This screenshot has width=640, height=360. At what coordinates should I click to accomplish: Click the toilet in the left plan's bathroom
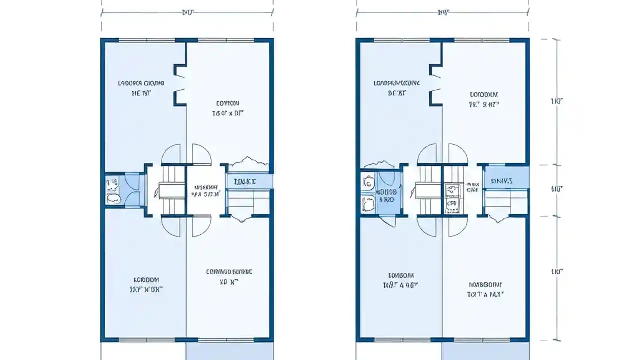tap(114, 198)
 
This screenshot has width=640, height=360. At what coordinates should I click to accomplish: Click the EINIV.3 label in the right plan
tap(501, 181)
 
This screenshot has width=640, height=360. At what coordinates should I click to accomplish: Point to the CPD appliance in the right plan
tap(452, 204)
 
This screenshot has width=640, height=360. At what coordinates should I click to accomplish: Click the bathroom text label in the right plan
tap(387, 195)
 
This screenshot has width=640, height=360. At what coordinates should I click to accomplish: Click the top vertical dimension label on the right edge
tap(557, 101)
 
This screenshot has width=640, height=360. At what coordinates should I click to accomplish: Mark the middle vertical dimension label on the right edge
tap(557, 189)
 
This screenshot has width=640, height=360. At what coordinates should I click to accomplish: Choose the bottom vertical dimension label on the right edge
tap(557, 272)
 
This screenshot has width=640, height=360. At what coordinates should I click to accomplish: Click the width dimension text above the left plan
tap(187, 12)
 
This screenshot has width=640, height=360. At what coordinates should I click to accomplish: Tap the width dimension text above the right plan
tap(442, 12)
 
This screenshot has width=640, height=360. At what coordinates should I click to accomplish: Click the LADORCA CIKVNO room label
tap(141, 83)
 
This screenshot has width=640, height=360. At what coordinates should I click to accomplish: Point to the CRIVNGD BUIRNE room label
tap(229, 272)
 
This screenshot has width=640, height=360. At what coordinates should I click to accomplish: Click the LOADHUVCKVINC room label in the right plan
tap(397, 83)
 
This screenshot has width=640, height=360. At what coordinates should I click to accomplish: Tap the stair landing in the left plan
tap(172, 190)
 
